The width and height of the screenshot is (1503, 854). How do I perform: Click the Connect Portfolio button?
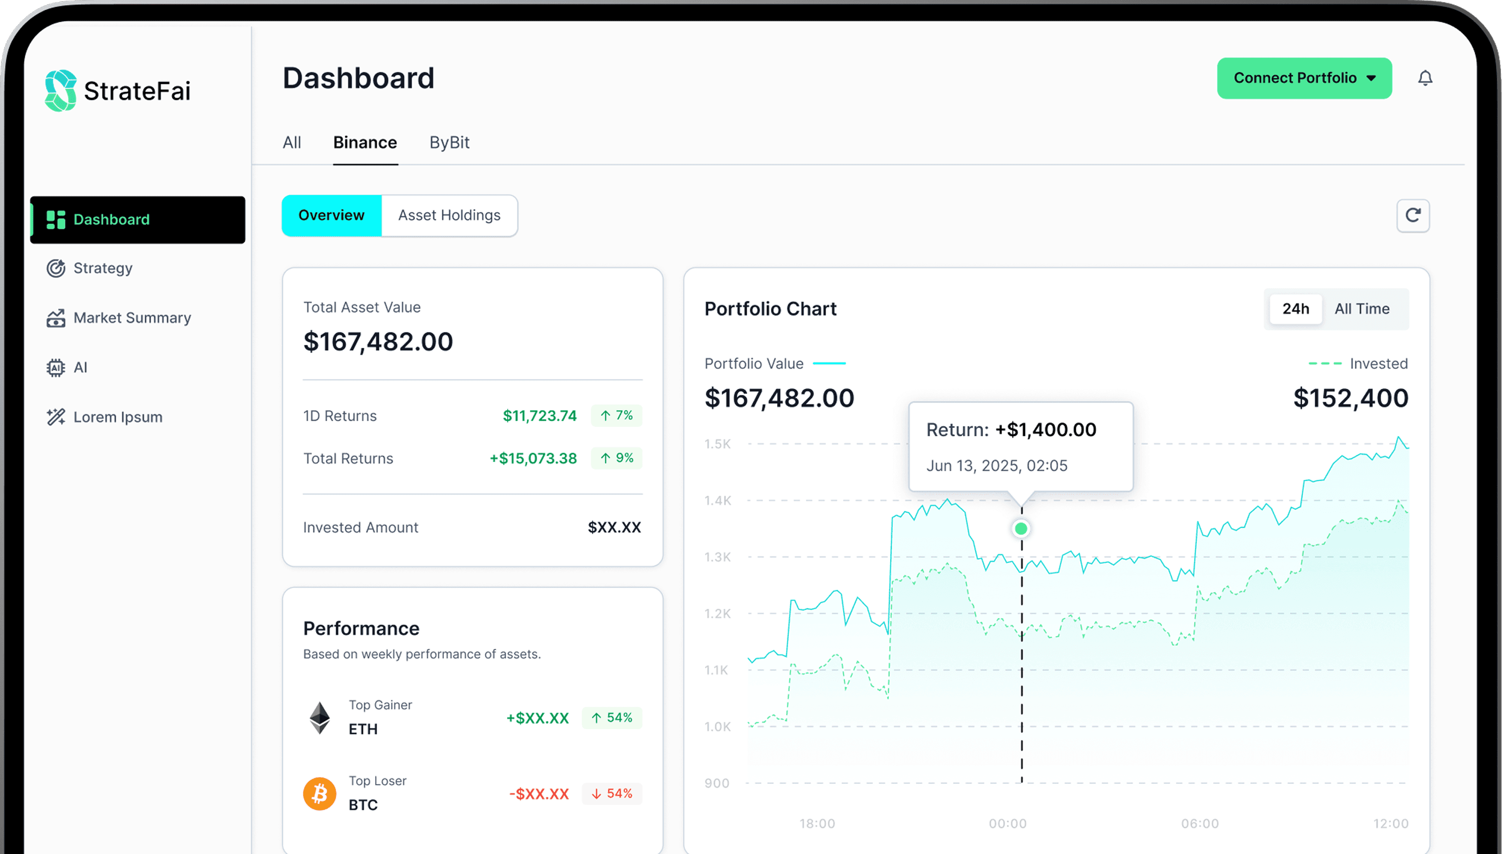tap(1304, 78)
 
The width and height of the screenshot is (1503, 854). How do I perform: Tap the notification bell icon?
tap(1425, 78)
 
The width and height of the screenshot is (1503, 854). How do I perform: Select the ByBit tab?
tap(449, 143)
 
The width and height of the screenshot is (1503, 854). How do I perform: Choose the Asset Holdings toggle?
tap(449, 215)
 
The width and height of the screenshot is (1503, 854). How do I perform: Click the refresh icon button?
tap(1413, 215)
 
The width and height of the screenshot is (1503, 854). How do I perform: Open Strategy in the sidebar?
tap(103, 268)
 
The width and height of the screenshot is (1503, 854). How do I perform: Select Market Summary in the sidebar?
tap(132, 318)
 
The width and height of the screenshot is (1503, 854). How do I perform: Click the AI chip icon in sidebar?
tap(56, 368)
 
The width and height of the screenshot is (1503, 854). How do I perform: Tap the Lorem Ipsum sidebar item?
tap(117, 417)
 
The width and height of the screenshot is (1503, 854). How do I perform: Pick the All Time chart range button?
tap(1361, 308)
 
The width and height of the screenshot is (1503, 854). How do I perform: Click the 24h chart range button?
tap(1295, 308)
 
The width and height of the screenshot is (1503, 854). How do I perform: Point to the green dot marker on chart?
tap(1021, 528)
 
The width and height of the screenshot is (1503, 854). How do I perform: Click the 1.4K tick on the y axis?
tap(718, 501)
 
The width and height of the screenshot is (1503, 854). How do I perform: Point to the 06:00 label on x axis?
tap(1200, 824)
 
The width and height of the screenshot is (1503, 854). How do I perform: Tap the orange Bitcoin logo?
tap(320, 794)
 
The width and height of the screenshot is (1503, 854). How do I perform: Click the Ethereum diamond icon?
tap(320, 717)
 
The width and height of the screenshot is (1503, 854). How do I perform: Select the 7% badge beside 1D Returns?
tap(616, 415)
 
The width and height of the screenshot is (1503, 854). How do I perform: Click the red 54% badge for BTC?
tap(612, 794)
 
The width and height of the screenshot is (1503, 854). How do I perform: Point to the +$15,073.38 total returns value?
tap(533, 458)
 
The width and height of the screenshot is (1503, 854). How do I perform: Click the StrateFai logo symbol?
tap(60, 91)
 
